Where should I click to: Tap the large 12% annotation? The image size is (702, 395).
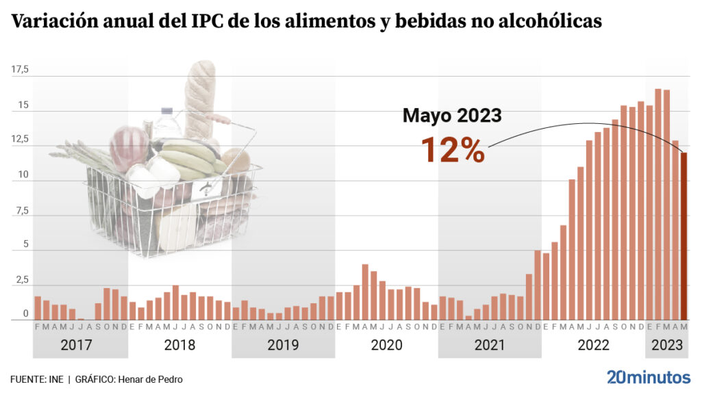tap(452, 150)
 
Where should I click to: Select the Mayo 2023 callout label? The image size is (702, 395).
tap(452, 115)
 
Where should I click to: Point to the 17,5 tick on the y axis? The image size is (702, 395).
tap(19, 70)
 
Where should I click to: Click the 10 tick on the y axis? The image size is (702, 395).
tap(23, 175)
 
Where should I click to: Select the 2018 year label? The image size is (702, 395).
tap(179, 345)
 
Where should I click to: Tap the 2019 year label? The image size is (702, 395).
tap(283, 345)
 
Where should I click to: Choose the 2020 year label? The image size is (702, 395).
tap(386, 345)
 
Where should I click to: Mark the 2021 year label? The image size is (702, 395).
tap(490, 345)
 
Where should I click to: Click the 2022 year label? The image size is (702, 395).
tap(593, 345)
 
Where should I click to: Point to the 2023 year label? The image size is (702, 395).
tap(666, 345)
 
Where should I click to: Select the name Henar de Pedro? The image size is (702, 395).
tap(151, 379)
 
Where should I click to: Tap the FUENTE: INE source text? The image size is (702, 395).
tap(36, 379)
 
